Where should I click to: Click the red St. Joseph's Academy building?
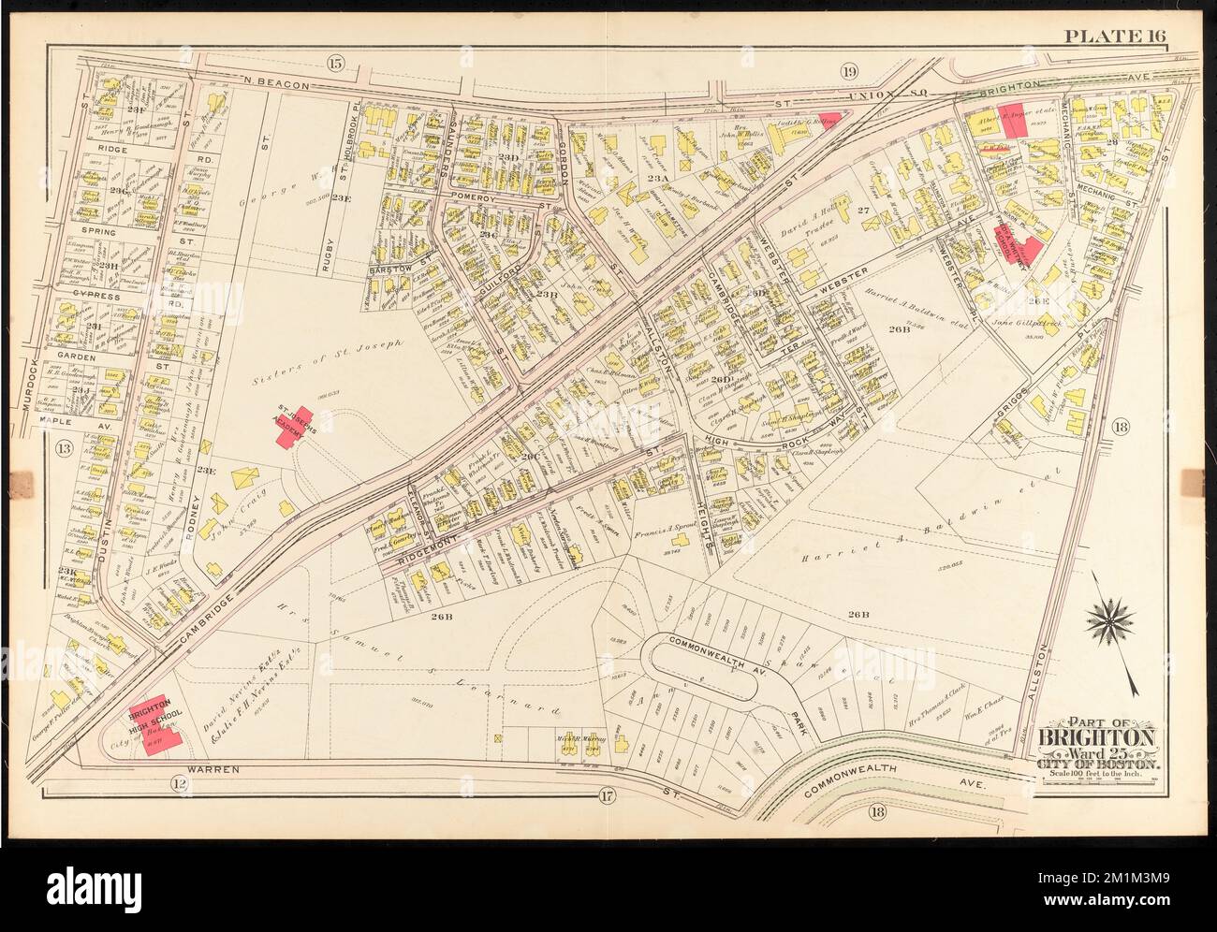(x=300, y=426)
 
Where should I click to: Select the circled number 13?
(x=65, y=447)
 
